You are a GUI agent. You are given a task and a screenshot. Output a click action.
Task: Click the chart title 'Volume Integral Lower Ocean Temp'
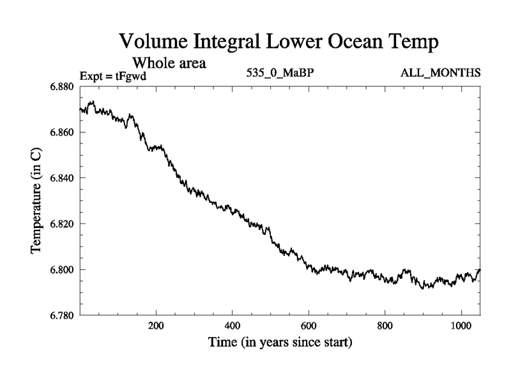[280, 42]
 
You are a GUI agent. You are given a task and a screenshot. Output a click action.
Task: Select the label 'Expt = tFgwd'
[113, 76]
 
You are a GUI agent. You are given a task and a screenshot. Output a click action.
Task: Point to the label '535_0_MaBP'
[280, 73]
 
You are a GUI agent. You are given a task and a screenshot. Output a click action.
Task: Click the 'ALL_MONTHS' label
[441, 73]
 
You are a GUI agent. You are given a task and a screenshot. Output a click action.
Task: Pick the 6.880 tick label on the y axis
[61, 86]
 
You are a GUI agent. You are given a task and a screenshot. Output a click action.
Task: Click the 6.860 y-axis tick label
[61, 132]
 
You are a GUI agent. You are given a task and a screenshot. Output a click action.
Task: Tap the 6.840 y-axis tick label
[61, 177]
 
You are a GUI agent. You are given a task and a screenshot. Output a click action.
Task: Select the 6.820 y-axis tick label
[61, 223]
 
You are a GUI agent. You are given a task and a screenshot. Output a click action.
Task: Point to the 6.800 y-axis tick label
[61, 269]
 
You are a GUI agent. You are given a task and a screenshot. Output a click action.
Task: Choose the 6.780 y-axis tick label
[61, 315]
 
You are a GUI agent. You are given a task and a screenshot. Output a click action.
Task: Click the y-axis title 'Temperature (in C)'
[36, 200]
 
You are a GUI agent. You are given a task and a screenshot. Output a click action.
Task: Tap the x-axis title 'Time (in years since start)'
[280, 343]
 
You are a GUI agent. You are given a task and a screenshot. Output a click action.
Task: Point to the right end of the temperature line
[480, 269]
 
